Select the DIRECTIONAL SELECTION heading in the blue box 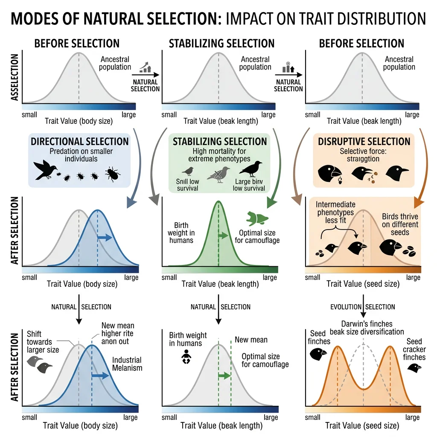point(79,141)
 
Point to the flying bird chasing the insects point(45,170)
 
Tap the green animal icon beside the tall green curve point(254,218)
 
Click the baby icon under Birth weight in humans point(186,357)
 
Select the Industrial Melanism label point(127,364)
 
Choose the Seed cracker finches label point(414,349)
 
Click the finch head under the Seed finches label point(318,353)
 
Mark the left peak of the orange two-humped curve point(338,347)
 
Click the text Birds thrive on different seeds point(400,224)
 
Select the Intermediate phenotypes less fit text point(336,212)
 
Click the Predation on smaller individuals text point(79,155)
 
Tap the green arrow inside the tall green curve point(223,235)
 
